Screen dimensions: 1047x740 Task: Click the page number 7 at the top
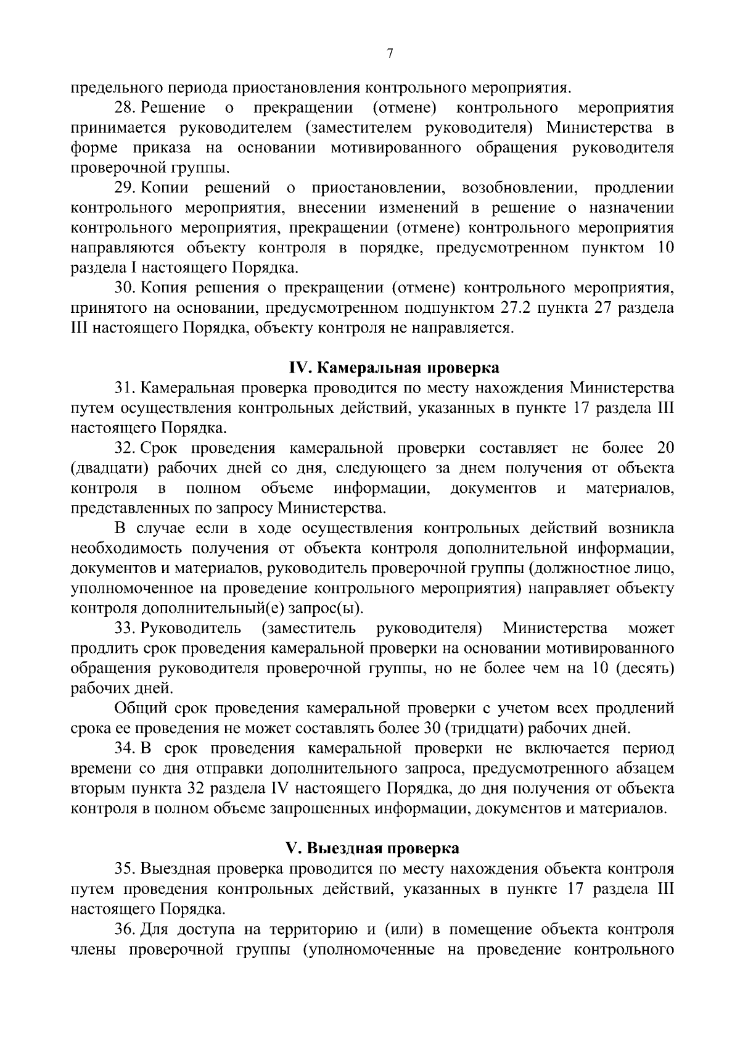point(389,54)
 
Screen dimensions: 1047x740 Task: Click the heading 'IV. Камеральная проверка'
point(394,368)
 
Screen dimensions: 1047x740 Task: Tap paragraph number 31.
point(124,388)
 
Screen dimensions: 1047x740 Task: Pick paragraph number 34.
point(124,748)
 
